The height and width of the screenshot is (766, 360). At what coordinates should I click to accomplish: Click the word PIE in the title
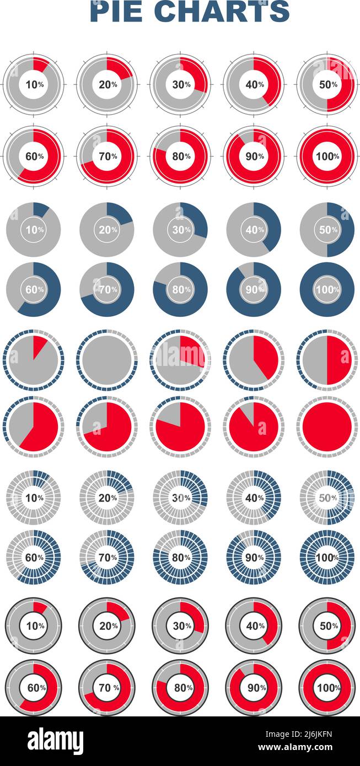[118, 11]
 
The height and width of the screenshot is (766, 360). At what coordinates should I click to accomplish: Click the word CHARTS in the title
[222, 11]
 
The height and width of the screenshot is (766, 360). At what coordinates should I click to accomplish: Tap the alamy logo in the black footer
[55, 741]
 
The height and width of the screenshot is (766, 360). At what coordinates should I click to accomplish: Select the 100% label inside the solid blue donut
[327, 289]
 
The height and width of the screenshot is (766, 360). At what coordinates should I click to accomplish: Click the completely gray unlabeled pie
[107, 360]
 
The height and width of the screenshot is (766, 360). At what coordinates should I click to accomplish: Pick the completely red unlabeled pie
[327, 427]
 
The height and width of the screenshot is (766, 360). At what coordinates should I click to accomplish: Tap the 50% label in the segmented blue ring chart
[327, 498]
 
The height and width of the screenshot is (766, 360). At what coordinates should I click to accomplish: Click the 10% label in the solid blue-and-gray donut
[34, 230]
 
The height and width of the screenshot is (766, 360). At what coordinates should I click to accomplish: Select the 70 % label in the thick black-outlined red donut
[107, 688]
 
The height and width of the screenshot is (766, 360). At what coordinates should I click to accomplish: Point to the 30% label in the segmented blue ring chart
[181, 498]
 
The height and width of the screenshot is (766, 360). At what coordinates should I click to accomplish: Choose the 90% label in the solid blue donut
[254, 289]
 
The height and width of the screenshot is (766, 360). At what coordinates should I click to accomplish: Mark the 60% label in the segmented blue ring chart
[34, 557]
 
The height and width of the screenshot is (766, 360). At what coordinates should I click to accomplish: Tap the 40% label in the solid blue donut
[254, 230]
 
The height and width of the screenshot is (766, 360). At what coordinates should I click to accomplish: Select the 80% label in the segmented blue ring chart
[181, 557]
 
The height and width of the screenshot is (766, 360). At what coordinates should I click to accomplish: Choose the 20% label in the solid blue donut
[107, 230]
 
